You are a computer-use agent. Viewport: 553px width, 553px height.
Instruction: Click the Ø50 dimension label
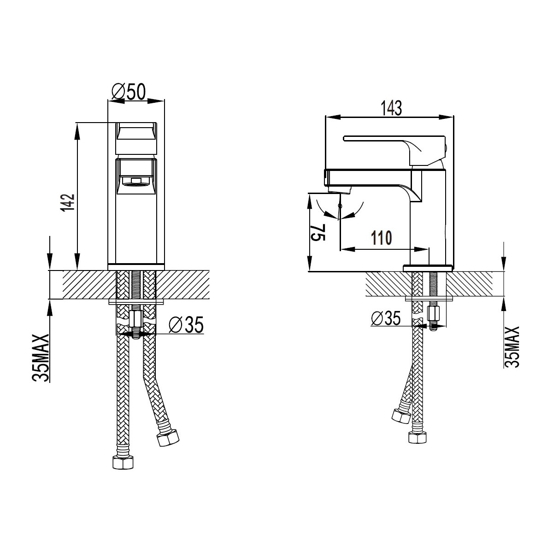point(129,92)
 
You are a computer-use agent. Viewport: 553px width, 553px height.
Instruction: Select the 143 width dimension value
point(391,108)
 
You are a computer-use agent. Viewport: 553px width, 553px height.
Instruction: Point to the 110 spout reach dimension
point(382,238)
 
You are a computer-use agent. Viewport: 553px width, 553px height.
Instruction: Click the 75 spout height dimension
point(318,233)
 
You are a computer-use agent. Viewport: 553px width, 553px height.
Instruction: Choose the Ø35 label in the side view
point(385,318)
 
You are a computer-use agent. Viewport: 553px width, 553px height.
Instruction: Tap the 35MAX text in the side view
point(512,347)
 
